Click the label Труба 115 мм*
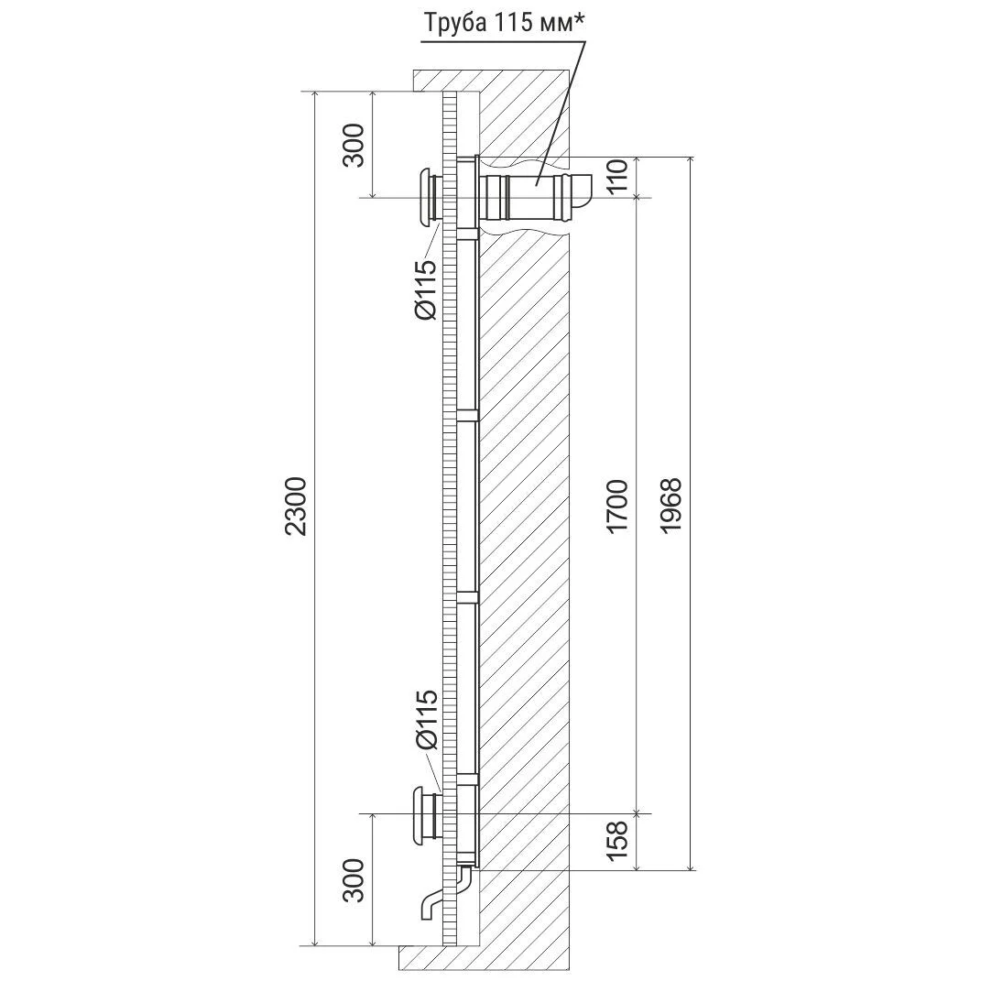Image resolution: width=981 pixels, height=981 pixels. pos(505,23)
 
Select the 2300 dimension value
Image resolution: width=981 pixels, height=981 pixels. pos(296,506)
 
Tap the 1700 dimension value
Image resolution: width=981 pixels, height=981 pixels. pos(617,506)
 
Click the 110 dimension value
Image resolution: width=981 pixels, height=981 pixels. pos(617,177)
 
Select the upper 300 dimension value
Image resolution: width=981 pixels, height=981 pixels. pos(354,145)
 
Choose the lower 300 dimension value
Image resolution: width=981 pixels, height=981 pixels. pos(354,880)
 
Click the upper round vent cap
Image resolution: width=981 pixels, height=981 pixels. pos(429,195)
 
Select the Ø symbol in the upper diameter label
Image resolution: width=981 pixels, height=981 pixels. pos(426,309)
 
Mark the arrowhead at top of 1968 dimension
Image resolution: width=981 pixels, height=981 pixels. pos(691,161)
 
